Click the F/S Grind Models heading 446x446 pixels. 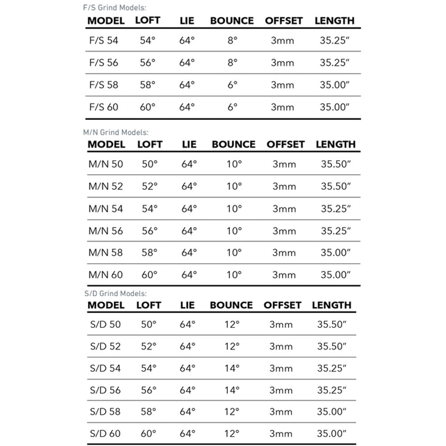point(115,8)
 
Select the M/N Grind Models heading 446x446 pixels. point(116,132)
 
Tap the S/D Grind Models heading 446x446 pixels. point(115,293)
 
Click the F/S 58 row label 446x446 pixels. point(104,85)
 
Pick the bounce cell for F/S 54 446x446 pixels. point(232,41)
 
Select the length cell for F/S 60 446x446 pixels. point(334,107)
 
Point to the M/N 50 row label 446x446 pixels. point(106,164)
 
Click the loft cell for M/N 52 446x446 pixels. point(150,186)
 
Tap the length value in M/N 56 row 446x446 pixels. point(335,231)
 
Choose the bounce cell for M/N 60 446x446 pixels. point(234,275)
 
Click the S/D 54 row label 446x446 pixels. point(105,368)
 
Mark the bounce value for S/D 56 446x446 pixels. point(232,390)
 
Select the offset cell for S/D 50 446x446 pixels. point(281,324)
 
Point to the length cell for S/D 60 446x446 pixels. point(332,434)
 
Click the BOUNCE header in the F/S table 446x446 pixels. point(232,21)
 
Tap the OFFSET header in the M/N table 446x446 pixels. point(285,145)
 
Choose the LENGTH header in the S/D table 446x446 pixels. point(331,305)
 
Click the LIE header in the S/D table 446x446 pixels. point(187,305)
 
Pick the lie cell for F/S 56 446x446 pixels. point(187,63)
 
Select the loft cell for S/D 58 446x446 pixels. point(149,411)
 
